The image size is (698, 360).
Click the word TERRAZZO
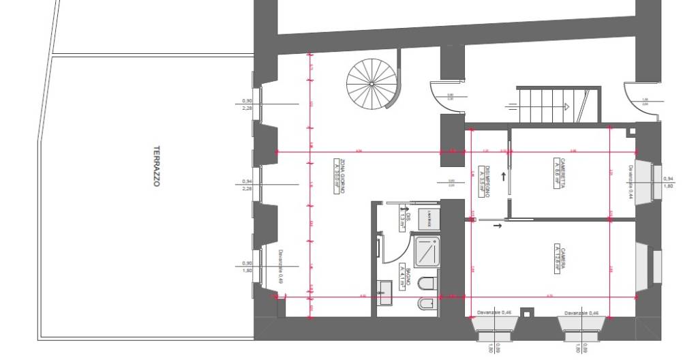pyautogui.click(x=156, y=166)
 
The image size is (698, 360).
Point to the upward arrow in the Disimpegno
pyautogui.click(x=504, y=177)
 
